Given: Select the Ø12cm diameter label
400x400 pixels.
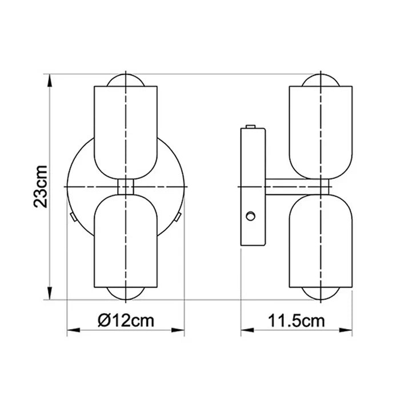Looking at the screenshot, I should pos(126,320).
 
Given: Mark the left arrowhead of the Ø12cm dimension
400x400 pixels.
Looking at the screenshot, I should pos(72,330).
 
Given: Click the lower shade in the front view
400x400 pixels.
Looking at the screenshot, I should pos(125,240).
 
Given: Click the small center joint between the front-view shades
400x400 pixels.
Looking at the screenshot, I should pos(125,186).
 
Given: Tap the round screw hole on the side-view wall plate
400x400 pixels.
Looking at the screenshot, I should pos(250,215).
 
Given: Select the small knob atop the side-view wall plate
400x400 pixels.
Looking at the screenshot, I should pos(250,126).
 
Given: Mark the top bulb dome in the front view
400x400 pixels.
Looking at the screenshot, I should pos(125,79).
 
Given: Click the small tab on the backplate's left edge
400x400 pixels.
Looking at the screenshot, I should pos(71,216).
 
